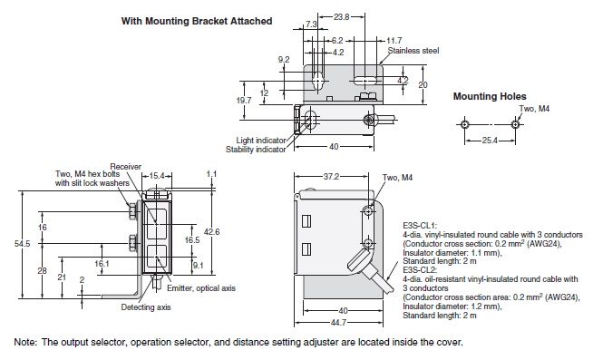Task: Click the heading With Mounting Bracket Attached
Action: (x=197, y=21)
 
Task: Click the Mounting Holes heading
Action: (x=490, y=96)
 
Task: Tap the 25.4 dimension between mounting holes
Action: (x=490, y=141)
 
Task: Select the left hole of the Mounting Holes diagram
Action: (x=464, y=124)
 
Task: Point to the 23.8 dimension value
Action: (x=342, y=16)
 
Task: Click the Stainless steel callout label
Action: (x=413, y=51)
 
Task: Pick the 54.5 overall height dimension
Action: (x=23, y=244)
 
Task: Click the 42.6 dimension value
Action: (x=212, y=231)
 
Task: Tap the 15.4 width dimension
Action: (x=157, y=176)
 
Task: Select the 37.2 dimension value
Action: (x=331, y=177)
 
